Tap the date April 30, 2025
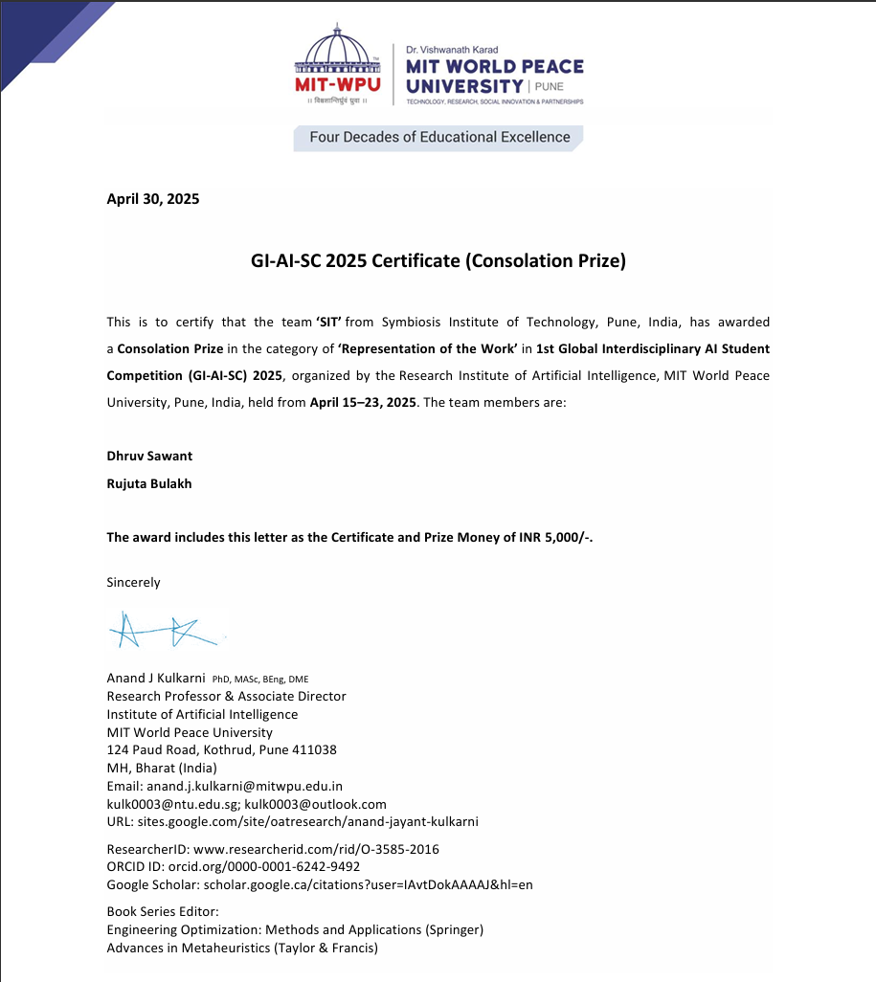pyautogui.click(x=153, y=199)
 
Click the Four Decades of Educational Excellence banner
pyautogui.click(x=439, y=138)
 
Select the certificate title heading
pyautogui.click(x=438, y=260)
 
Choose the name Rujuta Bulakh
pyautogui.click(x=149, y=483)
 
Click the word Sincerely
pyautogui.click(x=133, y=582)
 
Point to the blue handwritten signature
pyautogui.click(x=163, y=630)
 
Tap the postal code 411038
pyautogui.click(x=312, y=749)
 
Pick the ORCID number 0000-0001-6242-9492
pyautogui.click(x=269, y=866)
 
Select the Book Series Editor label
pyautogui.click(x=163, y=911)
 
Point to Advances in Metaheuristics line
pyautogui.click(x=242, y=948)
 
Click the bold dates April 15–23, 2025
pyautogui.click(x=363, y=402)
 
